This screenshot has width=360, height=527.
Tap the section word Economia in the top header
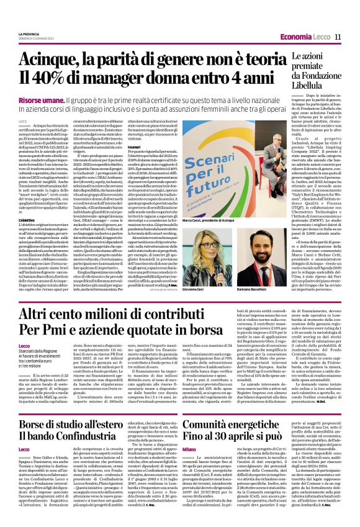[x=297, y=36]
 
